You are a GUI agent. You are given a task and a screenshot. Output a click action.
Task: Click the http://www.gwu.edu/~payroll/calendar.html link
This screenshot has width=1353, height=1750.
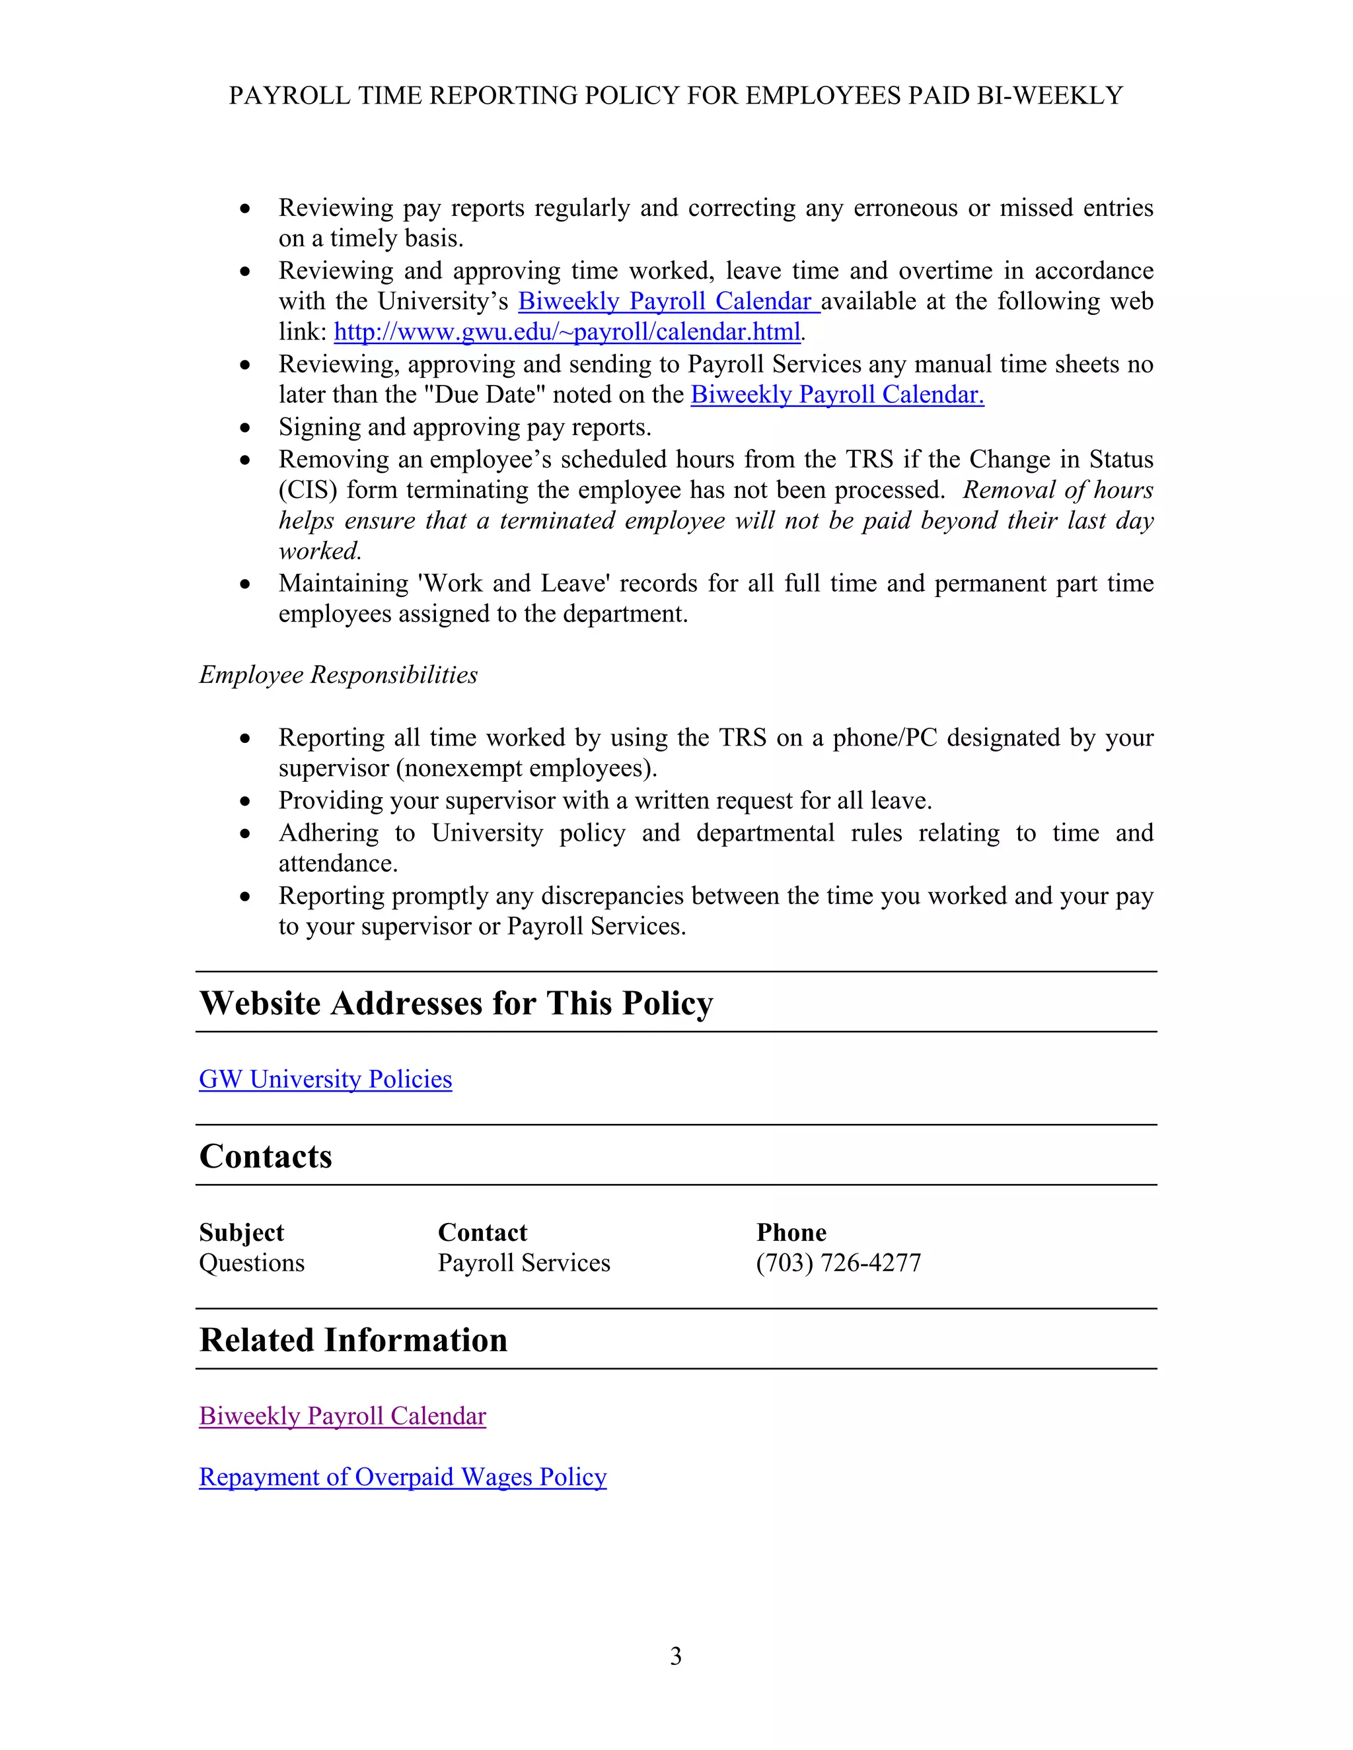(x=567, y=332)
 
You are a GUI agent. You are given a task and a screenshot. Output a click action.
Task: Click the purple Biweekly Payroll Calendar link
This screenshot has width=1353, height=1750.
(x=342, y=1416)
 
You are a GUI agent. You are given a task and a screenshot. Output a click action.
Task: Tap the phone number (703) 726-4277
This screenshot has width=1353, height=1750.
(x=838, y=1263)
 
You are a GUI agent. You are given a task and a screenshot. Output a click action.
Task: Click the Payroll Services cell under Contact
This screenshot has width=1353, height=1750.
(x=523, y=1263)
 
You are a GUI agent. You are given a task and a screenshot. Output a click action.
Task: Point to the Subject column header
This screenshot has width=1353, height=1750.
(x=241, y=1232)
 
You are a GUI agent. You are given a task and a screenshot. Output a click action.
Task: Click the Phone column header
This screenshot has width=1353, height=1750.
(x=791, y=1232)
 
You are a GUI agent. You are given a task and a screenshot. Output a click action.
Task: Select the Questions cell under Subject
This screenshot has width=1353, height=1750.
(x=252, y=1263)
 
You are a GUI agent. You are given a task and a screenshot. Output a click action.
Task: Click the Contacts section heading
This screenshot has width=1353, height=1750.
(x=266, y=1156)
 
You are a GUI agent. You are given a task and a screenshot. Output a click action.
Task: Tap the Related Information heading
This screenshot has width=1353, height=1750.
(x=353, y=1340)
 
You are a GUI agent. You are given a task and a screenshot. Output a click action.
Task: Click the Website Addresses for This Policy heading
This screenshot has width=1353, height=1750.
(x=456, y=1003)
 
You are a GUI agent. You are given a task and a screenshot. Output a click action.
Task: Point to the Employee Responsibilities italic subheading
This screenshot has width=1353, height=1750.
(x=338, y=675)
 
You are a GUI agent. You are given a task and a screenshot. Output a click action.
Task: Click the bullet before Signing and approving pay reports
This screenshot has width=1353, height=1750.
(x=245, y=429)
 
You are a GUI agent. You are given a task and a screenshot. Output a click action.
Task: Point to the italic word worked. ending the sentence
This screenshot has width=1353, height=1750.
(x=320, y=551)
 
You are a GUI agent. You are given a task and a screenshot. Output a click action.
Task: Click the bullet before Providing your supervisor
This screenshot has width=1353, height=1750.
(x=245, y=802)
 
